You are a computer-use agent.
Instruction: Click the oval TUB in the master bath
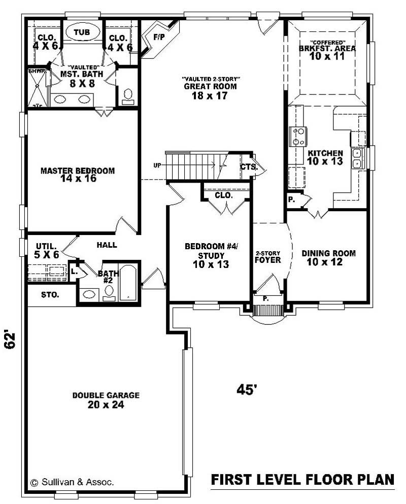(82, 32)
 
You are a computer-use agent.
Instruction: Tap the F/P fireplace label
(159, 37)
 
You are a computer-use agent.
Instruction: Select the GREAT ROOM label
(210, 86)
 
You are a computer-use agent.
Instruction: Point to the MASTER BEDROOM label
(78, 171)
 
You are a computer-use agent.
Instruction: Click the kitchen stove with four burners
(298, 137)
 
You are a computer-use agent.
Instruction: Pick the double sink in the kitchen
(357, 158)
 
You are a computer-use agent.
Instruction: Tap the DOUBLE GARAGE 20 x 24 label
(106, 400)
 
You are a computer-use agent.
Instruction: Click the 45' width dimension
(247, 390)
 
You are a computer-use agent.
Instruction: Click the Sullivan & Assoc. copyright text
(72, 482)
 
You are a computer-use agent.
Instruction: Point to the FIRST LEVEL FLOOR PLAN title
(302, 480)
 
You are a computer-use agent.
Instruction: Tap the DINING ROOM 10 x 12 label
(328, 257)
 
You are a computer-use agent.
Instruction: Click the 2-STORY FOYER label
(267, 257)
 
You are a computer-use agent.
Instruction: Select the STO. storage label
(50, 294)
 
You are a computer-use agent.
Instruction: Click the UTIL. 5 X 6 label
(47, 251)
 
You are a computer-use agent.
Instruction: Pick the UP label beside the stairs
(157, 165)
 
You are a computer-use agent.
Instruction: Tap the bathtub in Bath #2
(127, 283)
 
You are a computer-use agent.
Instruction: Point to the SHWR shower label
(37, 72)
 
